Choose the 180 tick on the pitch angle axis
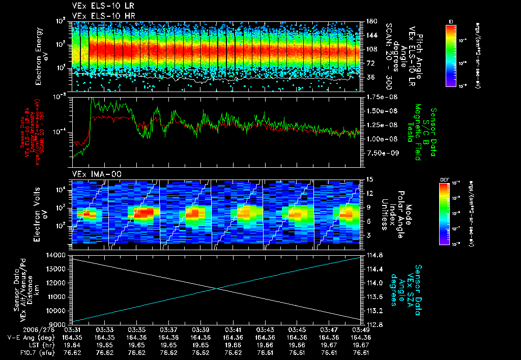pyautogui.click(x=370, y=21)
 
